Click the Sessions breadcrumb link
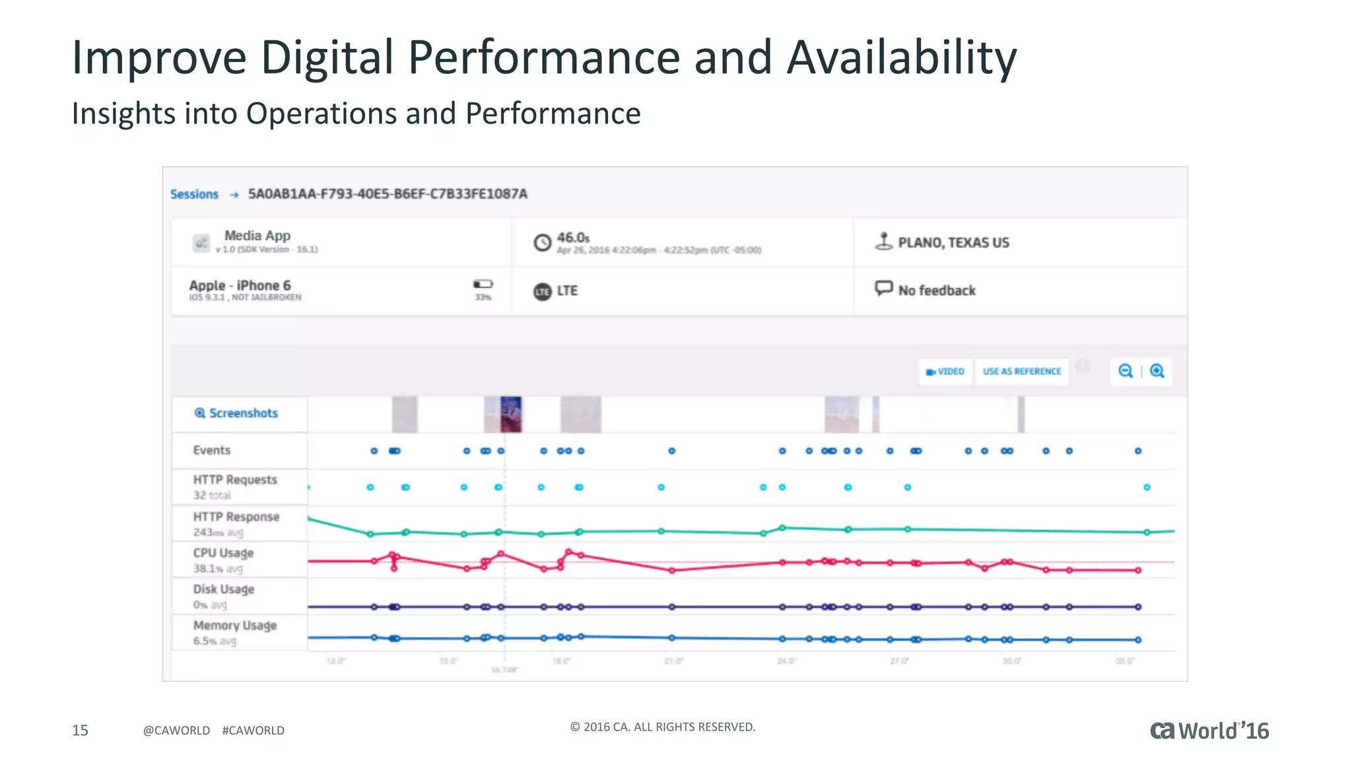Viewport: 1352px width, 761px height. [x=194, y=194]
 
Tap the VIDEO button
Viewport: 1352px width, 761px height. [x=945, y=371]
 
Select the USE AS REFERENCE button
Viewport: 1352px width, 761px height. [x=1022, y=371]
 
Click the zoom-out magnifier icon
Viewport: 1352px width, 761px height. [x=1126, y=371]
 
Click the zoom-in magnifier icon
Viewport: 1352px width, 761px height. [x=1157, y=371]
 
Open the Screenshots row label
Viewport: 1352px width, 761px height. [x=236, y=414]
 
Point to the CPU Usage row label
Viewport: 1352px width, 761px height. [x=223, y=553]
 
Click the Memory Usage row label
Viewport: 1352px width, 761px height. [x=234, y=626]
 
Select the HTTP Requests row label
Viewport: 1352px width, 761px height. [x=234, y=480]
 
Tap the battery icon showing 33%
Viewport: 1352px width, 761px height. [x=483, y=284]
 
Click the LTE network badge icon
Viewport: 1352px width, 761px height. [x=542, y=291]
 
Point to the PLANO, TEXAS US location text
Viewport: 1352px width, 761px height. [x=953, y=243]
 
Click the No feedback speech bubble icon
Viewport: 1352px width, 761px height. [x=883, y=289]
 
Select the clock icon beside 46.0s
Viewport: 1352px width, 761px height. [x=542, y=242]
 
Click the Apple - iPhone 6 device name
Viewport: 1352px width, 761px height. [x=240, y=285]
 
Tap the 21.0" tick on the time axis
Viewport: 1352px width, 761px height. [x=673, y=661]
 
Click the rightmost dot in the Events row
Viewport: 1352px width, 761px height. [x=1138, y=451]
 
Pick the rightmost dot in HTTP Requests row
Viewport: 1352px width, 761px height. [x=1147, y=488]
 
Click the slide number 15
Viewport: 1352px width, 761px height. [x=80, y=730]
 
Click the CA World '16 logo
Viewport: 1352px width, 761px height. [x=1209, y=731]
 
